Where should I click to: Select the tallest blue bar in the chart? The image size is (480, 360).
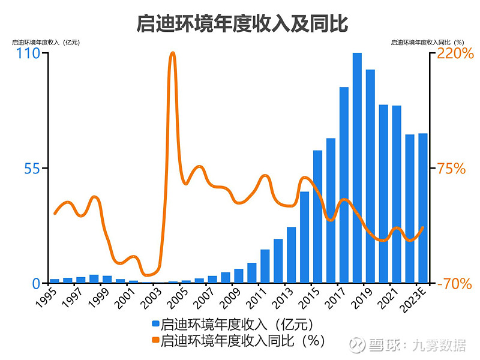tap(357, 168)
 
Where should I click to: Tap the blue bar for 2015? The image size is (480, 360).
tap(318, 217)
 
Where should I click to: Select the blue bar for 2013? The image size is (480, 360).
tap(292, 255)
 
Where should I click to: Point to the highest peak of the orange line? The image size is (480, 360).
tap(172, 53)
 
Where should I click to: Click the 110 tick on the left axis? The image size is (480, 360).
tap(28, 53)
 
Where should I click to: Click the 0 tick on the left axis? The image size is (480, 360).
tap(36, 283)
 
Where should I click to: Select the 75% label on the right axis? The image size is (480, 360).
tap(451, 168)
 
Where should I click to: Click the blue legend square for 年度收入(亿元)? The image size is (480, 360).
tap(155, 325)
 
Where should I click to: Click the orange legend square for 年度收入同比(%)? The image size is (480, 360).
tap(155, 340)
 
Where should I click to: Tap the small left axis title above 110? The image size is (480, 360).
tap(46, 42)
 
